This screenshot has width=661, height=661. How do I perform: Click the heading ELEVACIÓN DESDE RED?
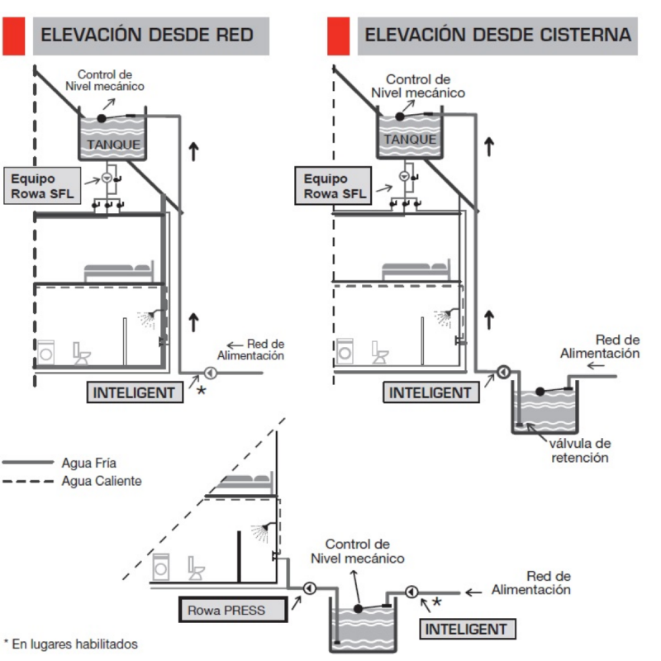(147, 36)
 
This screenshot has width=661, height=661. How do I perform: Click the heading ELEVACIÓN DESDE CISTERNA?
(497, 36)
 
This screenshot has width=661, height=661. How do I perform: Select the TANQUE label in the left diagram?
(112, 145)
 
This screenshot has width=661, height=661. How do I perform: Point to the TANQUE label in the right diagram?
(410, 140)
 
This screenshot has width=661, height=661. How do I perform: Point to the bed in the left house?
(118, 271)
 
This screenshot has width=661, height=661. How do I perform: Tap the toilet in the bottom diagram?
(197, 568)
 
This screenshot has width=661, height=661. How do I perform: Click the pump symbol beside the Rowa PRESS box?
(309, 588)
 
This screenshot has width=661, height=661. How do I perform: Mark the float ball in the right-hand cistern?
(539, 389)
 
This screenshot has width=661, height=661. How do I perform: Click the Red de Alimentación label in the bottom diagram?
(531, 583)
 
